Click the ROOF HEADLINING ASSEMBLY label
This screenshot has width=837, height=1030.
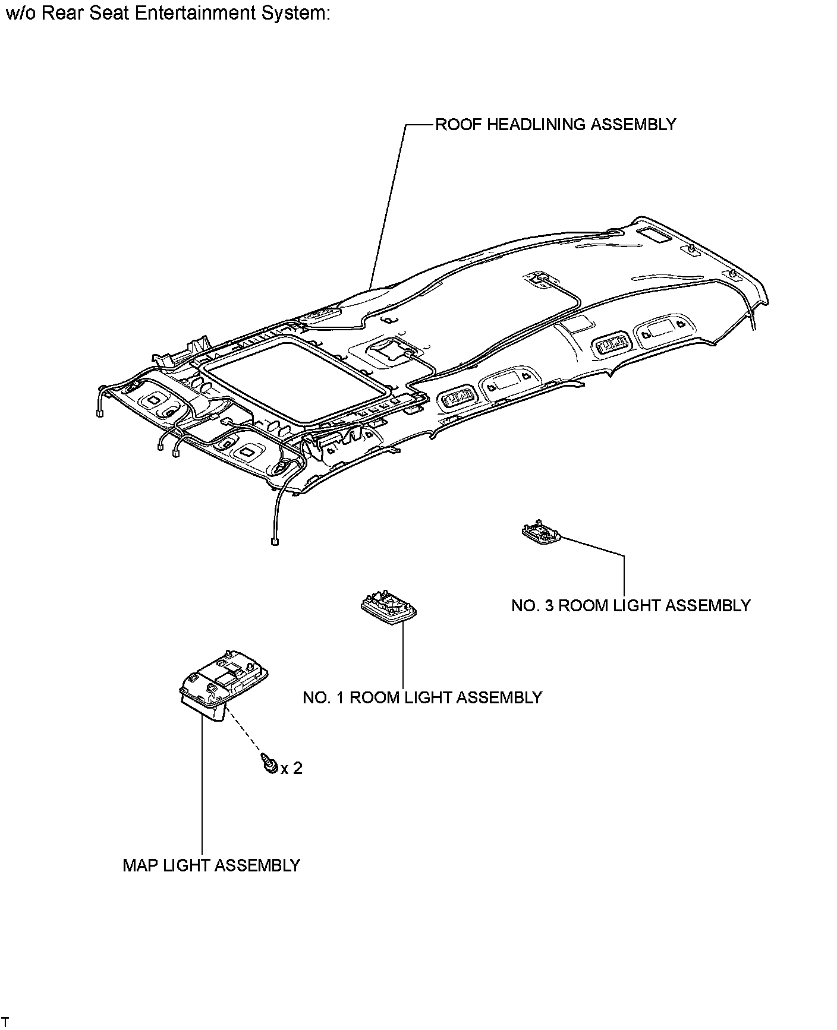click(x=555, y=125)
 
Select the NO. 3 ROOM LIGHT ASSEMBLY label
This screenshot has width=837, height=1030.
click(x=631, y=605)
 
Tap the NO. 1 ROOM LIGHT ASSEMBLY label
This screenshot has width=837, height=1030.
click(x=422, y=697)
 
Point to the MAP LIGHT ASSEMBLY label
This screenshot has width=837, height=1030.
click(x=211, y=865)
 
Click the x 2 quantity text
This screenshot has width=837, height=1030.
click(x=291, y=769)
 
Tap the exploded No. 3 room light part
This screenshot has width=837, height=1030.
click(x=541, y=532)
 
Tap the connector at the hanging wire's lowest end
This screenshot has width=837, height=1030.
click(x=275, y=541)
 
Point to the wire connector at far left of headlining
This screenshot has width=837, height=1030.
click(x=99, y=413)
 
